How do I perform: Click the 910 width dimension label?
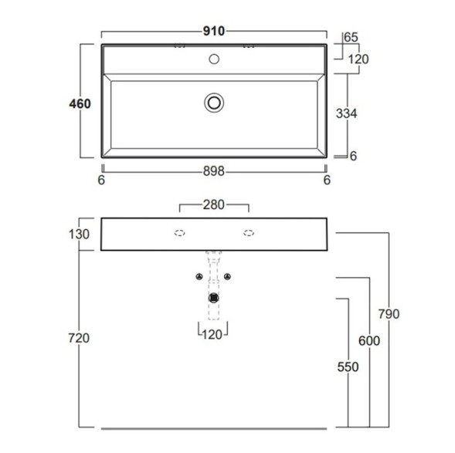click(x=213, y=31)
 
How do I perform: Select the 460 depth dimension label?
click(x=80, y=103)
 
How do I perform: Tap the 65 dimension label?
click(x=351, y=37)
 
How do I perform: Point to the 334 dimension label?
click(x=347, y=113)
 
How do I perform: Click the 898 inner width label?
click(x=214, y=171)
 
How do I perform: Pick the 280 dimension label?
click(x=214, y=205)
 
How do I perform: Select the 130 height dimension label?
click(x=79, y=234)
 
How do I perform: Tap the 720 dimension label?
click(x=79, y=338)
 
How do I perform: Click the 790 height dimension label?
click(x=389, y=314)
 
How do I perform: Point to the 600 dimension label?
click(x=369, y=341)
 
